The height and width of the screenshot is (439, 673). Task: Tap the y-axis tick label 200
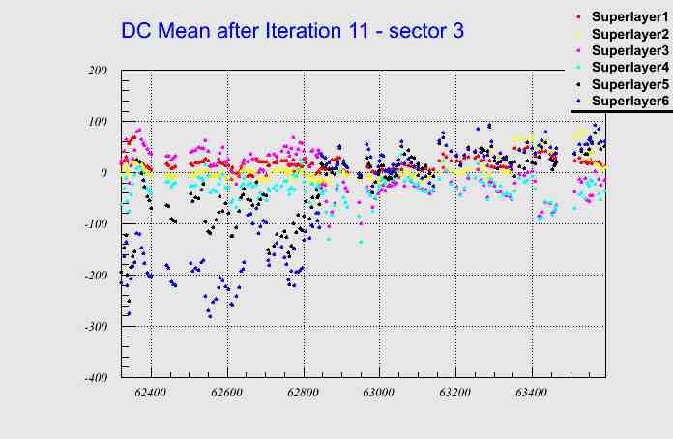tap(97, 71)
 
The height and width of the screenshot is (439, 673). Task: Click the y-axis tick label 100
tap(97, 122)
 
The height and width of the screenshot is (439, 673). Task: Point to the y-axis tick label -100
tap(95, 224)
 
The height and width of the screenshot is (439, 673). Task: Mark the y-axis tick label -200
tap(95, 276)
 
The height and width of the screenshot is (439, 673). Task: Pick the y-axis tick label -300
tap(95, 327)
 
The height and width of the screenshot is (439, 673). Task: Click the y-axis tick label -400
tap(95, 378)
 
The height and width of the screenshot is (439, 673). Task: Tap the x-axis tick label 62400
tap(151, 394)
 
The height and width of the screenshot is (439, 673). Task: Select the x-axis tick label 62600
tap(227, 394)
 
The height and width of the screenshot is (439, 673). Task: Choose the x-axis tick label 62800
tap(304, 394)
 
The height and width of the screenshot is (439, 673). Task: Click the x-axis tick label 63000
tap(379, 394)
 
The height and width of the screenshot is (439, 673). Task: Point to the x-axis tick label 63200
tap(455, 394)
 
